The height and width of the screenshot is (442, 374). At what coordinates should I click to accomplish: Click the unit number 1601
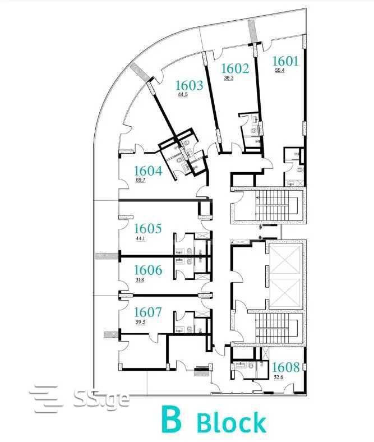click(285, 61)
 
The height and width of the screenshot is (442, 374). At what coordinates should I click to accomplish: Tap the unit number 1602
click(235, 68)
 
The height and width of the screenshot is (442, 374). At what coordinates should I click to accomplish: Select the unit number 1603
click(189, 85)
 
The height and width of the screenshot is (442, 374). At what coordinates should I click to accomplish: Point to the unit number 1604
click(148, 171)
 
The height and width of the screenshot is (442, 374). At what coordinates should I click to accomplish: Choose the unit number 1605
click(148, 229)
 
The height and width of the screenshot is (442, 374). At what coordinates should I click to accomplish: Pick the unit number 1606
click(148, 270)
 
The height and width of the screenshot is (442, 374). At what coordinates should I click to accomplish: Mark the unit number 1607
click(148, 312)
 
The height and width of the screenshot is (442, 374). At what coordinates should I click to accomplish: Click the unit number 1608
click(286, 367)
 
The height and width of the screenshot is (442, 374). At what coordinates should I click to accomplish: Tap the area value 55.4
click(280, 71)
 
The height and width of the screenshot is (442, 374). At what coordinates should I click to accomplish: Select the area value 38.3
click(229, 78)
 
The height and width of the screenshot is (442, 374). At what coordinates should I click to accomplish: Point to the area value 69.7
click(140, 180)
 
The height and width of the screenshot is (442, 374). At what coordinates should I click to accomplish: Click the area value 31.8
click(140, 280)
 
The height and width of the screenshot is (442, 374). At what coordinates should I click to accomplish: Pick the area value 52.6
click(279, 377)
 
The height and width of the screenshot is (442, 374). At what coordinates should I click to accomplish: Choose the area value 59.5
click(141, 323)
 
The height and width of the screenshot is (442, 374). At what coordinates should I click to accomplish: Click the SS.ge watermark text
click(101, 398)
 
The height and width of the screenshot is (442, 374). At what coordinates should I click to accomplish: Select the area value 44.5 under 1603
click(183, 95)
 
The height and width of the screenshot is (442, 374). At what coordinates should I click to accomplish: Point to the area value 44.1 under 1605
click(140, 238)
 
